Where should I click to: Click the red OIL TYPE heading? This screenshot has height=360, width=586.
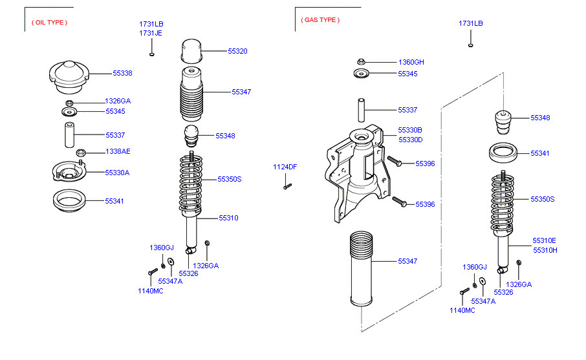click(x=49, y=23)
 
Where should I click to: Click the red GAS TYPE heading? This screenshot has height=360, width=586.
click(x=319, y=20)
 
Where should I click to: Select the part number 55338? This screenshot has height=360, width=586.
click(x=122, y=74)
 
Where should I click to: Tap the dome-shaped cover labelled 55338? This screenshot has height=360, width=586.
click(x=67, y=74)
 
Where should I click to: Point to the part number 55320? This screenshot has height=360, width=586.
click(x=237, y=51)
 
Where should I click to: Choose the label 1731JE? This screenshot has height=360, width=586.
click(x=151, y=33)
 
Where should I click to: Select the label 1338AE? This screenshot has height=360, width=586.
click(x=118, y=152)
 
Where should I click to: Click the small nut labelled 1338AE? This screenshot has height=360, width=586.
click(x=81, y=153)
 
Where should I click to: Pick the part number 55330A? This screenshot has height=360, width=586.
click(x=117, y=173)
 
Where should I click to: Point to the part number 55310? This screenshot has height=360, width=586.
click(x=228, y=218)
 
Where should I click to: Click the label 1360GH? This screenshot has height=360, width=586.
click(x=411, y=62)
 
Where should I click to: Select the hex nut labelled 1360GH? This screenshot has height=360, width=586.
click(x=362, y=62)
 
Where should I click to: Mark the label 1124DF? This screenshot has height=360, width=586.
click(x=285, y=167)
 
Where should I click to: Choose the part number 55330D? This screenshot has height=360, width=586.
click(x=409, y=140)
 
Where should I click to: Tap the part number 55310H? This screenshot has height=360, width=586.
click(x=545, y=250)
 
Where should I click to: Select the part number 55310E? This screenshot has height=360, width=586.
click(x=544, y=241)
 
